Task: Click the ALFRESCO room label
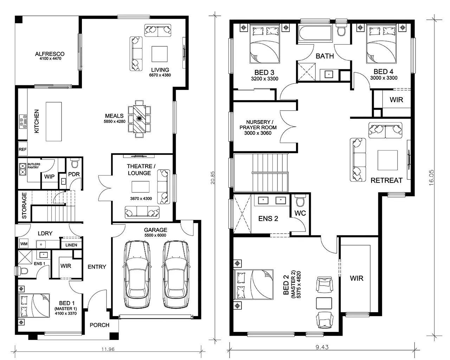click(50, 54)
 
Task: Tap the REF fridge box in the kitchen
click(23, 149)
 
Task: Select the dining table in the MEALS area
click(139, 119)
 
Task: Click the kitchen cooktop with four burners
click(23, 122)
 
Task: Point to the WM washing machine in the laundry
click(24, 244)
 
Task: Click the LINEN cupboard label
click(71, 245)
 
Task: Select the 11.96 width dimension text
click(108, 349)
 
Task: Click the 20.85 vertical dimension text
click(213, 178)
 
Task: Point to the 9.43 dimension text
click(322, 347)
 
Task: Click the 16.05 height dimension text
click(431, 178)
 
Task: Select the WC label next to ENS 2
click(300, 213)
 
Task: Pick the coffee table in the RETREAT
click(387, 160)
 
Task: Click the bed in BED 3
click(264, 44)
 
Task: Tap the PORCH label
click(99, 325)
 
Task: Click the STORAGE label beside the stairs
click(24, 205)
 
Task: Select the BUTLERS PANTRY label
click(34, 166)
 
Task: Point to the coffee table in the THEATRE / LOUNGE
click(141, 186)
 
